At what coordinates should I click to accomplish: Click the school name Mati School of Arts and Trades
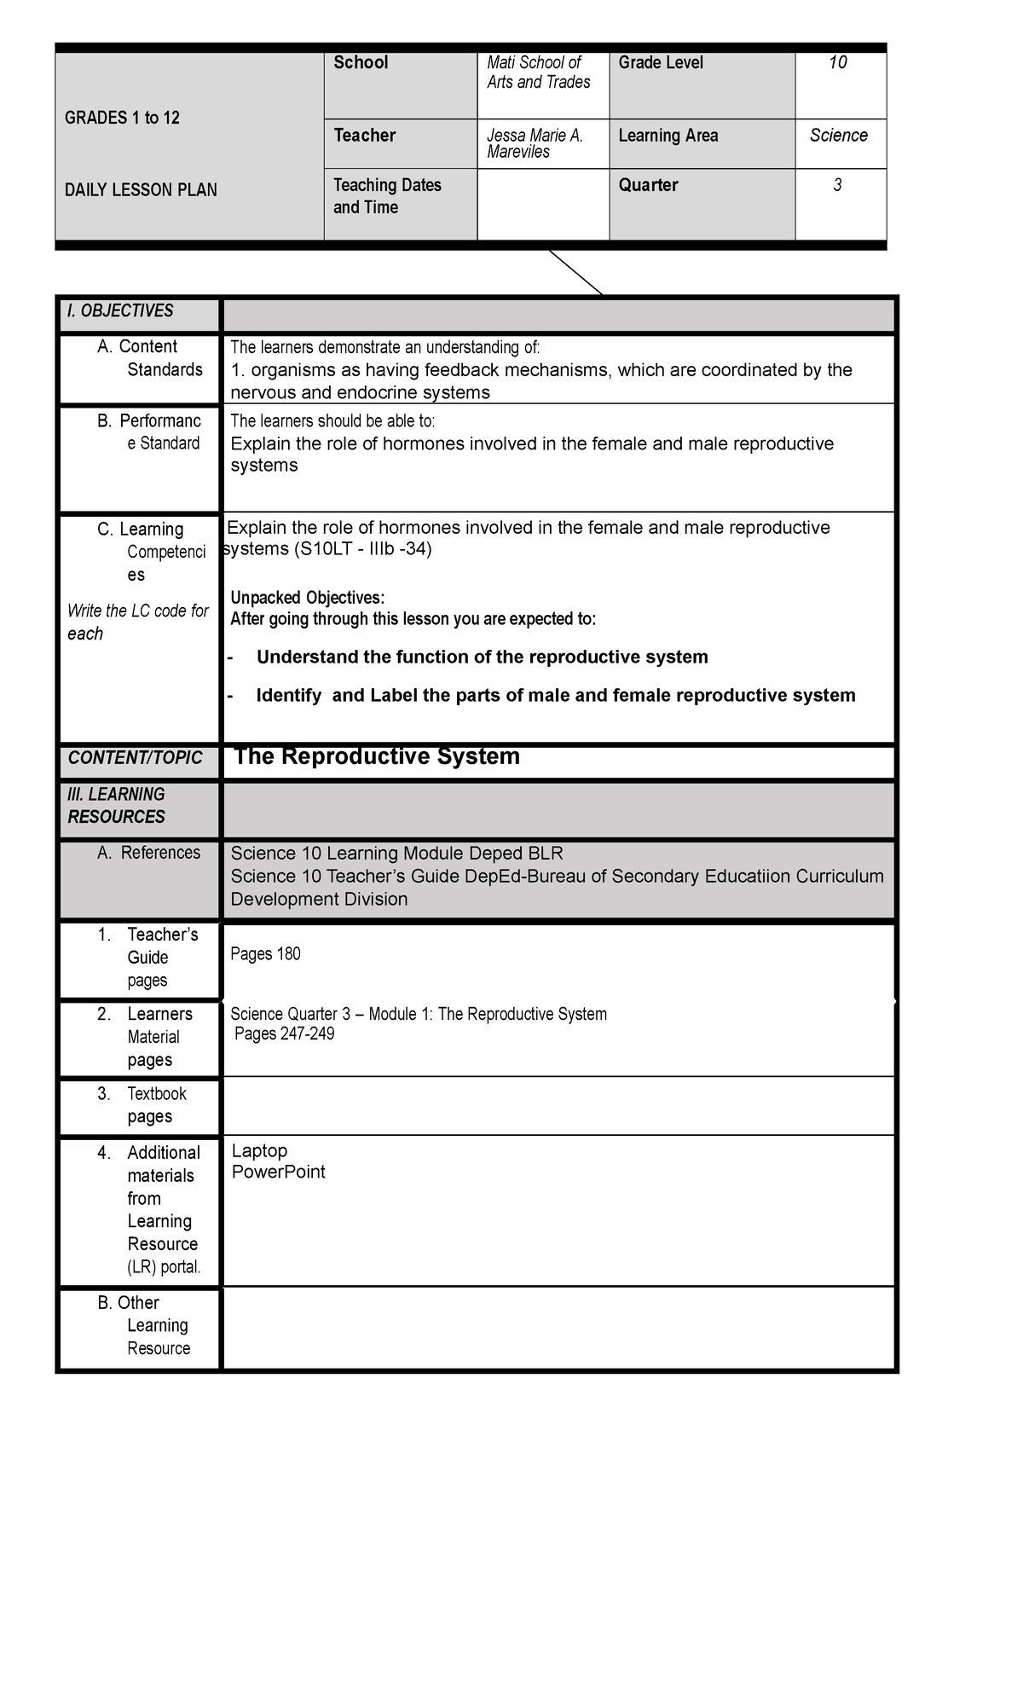[538, 72]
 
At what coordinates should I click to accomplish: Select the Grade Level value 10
[837, 62]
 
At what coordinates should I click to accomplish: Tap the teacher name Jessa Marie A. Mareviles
[534, 143]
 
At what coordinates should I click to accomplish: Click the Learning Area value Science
[838, 136]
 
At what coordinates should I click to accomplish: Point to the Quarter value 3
[837, 185]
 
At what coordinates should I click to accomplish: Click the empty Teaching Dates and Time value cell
[542, 204]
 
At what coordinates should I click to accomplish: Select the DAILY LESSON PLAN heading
[141, 190]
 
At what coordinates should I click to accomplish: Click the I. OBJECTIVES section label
[120, 311]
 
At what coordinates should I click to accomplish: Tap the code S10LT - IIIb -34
[362, 549]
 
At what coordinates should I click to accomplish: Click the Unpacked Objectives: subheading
[307, 597]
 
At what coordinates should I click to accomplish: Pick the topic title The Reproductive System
[376, 756]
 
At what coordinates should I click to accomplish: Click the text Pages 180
[265, 954]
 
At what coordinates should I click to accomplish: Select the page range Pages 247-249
[284, 1034]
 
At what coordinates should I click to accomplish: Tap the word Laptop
[259, 1150]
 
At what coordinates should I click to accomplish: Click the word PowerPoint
[278, 1172]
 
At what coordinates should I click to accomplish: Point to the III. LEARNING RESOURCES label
[117, 806]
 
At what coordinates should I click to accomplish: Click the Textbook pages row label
[149, 1105]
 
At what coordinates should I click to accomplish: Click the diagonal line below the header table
[576, 273]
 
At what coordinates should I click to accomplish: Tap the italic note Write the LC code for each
[137, 622]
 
